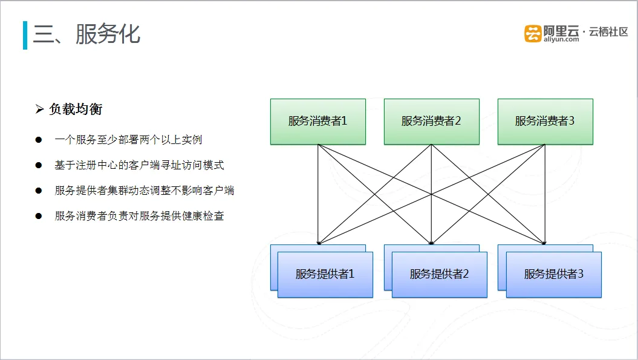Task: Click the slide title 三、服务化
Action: tap(86, 34)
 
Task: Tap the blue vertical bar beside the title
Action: tap(25, 36)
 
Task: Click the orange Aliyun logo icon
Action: tap(533, 33)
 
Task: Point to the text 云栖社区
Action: tap(608, 31)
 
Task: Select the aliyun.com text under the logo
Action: tap(561, 39)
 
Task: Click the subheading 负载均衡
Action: tap(76, 109)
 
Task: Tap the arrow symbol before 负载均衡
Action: tap(39, 109)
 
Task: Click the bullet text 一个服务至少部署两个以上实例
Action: tap(128, 140)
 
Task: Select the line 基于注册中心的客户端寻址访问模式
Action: tap(139, 165)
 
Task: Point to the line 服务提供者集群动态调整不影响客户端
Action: tap(145, 190)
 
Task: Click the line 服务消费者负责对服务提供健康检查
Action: tap(139, 216)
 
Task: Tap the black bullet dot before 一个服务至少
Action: tap(39, 140)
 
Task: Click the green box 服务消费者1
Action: tap(317, 122)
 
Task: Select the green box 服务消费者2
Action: tap(431, 122)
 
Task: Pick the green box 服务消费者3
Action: tap(545, 122)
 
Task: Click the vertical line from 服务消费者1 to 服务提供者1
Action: tap(317, 195)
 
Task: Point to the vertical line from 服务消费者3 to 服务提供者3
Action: tap(545, 195)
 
